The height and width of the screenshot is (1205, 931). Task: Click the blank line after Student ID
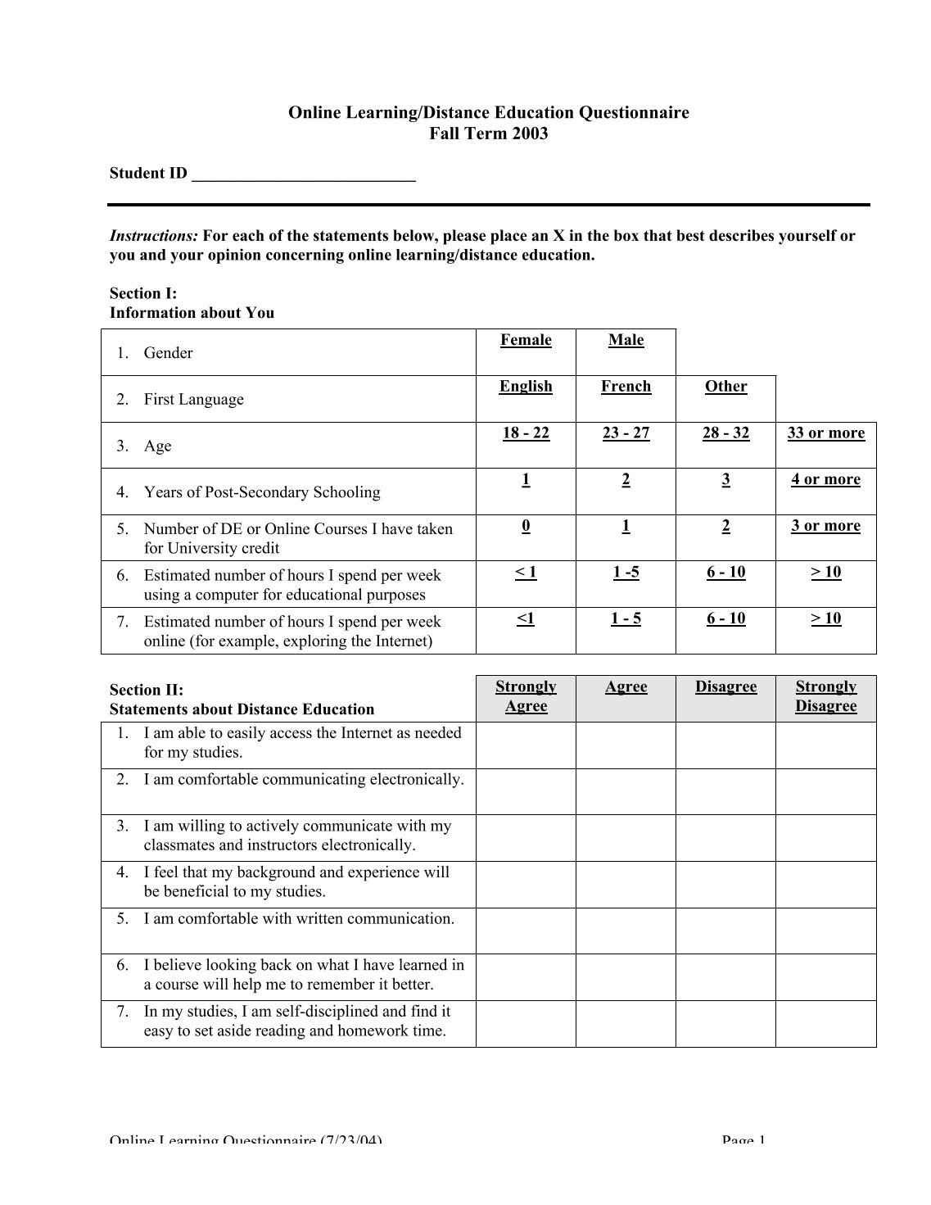point(303,174)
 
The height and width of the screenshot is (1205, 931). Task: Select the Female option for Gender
point(526,341)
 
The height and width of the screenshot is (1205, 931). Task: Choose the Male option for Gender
point(626,341)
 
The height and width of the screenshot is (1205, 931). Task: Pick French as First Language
point(626,387)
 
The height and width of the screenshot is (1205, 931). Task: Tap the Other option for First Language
point(725,387)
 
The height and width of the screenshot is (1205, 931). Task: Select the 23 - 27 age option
point(626,433)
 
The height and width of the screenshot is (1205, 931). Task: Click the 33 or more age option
point(825,433)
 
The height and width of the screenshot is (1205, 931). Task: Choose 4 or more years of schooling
point(825,480)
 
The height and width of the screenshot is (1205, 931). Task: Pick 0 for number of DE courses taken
point(526,526)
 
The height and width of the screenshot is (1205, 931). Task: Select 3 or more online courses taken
point(825,526)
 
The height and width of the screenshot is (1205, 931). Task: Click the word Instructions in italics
point(154,237)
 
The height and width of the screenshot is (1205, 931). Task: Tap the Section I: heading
point(143,293)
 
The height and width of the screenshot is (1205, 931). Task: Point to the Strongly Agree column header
point(526,696)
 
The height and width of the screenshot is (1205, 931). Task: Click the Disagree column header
point(725,687)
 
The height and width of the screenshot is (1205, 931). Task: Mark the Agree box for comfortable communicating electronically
point(626,791)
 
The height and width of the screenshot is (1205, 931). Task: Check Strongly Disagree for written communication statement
point(825,931)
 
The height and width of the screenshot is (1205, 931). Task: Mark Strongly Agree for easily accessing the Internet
point(526,745)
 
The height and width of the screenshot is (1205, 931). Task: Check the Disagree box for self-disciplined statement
point(725,1023)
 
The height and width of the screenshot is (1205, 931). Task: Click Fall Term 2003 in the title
point(488,134)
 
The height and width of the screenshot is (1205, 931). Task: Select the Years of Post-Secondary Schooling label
point(262,492)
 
